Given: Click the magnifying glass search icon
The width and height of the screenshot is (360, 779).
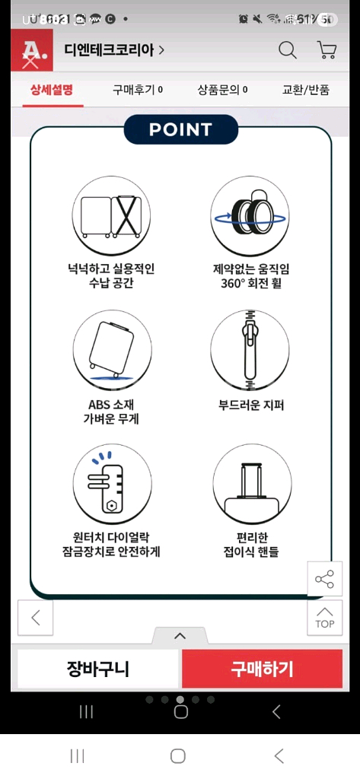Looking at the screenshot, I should (288, 51).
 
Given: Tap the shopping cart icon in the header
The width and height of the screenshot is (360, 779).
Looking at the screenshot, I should (327, 51).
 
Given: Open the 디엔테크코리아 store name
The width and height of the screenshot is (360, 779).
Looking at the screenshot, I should (114, 51).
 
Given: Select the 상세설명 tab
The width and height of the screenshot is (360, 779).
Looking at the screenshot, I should (52, 90).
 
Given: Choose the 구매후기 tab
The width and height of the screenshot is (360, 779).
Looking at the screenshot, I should (137, 90).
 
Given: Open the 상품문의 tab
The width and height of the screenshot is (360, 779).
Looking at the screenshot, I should (222, 90).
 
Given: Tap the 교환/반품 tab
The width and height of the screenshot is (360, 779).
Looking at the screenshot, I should (306, 90).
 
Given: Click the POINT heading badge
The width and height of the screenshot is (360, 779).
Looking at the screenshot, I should (180, 129).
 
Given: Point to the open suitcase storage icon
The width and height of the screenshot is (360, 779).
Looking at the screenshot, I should (111, 216).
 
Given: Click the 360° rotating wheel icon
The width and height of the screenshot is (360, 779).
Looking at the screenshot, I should (250, 216).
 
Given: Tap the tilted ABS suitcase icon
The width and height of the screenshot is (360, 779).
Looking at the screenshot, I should (111, 348).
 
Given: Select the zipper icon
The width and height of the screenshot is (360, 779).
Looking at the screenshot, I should (250, 348).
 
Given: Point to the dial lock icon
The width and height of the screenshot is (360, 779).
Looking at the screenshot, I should (111, 482).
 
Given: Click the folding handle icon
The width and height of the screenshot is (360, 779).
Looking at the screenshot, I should (250, 482).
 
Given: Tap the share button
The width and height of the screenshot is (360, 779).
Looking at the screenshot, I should (324, 580).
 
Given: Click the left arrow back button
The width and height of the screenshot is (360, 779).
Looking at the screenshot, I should (36, 618).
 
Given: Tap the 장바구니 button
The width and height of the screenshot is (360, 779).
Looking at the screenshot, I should (97, 669).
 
